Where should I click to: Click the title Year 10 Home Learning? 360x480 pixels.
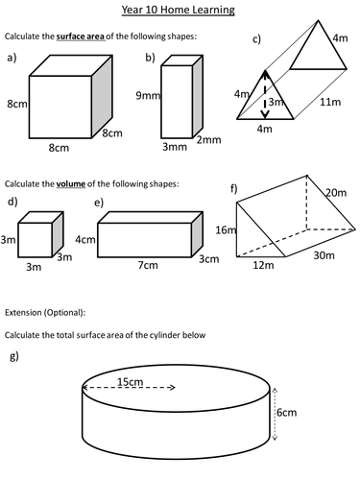pyautogui.click(x=178, y=10)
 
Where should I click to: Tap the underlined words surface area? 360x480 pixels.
pyautogui.click(x=81, y=36)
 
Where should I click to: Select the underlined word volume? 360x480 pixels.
pyautogui.click(x=71, y=184)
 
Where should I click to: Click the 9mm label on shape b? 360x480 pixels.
pyautogui.click(x=148, y=95)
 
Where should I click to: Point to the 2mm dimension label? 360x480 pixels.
pyautogui.click(x=208, y=140)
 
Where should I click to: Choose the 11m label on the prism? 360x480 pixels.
pyautogui.click(x=330, y=102)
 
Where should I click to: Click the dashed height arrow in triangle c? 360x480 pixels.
pyautogui.click(x=265, y=94)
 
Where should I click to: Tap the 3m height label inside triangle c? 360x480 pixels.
pyautogui.click(x=276, y=102)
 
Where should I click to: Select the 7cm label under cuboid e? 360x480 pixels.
pyautogui.click(x=148, y=265)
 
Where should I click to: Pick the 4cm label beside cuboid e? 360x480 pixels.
pyautogui.click(x=85, y=239)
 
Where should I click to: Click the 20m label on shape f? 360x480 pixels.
pyautogui.click(x=336, y=193)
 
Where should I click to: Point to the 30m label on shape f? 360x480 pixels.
pyautogui.click(x=324, y=255)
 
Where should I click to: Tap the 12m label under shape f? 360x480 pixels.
pyautogui.click(x=263, y=265)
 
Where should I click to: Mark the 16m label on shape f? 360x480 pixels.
pyautogui.click(x=226, y=229)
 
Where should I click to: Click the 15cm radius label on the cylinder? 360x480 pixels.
pyautogui.click(x=130, y=382)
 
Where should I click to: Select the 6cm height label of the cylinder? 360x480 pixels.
pyautogui.click(x=287, y=412)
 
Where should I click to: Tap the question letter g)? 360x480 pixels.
pyautogui.click(x=14, y=356)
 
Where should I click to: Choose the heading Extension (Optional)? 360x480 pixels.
pyautogui.click(x=45, y=313)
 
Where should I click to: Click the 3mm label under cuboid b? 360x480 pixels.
pyautogui.click(x=175, y=147)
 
